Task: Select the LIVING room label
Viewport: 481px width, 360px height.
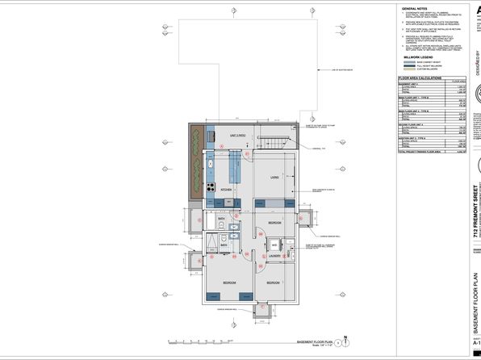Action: pyautogui.click(x=274, y=178)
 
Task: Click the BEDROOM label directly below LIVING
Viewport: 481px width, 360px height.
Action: pyautogui.click(x=274, y=221)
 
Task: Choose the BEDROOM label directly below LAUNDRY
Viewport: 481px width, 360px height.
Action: pyautogui.click(x=273, y=283)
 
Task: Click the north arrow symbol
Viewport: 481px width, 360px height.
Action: pyautogui.click(x=345, y=340)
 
